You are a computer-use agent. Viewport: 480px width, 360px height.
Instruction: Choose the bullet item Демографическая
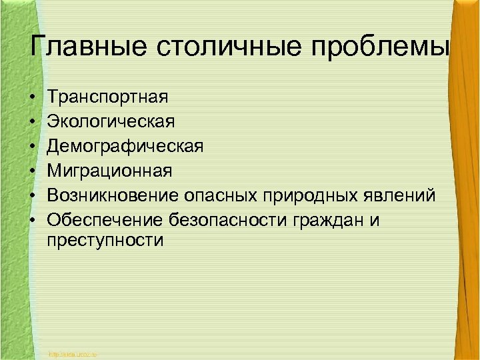125,147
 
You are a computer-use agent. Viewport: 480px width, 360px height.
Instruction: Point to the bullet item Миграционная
110,171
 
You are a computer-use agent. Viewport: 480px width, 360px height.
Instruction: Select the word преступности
105,241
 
